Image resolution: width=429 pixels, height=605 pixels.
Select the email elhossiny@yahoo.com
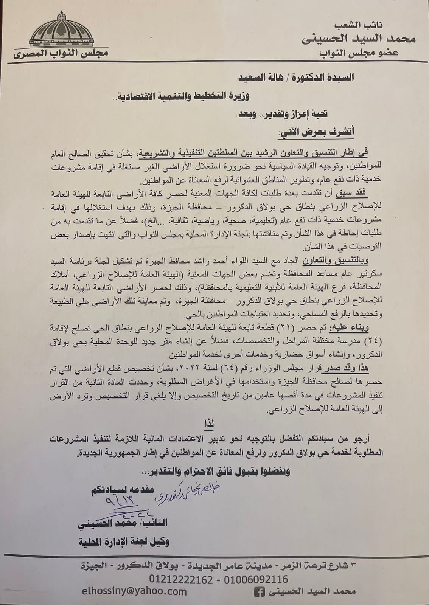tap(135, 591)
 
